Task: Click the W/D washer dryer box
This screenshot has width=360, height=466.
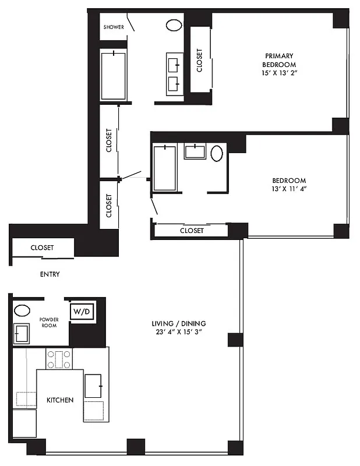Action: tap(82, 312)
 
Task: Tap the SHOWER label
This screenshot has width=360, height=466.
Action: tap(113, 27)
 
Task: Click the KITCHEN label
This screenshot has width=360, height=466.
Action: tap(60, 400)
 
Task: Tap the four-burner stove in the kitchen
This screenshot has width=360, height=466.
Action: tap(59, 359)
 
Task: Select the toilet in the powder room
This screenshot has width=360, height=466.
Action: tap(22, 310)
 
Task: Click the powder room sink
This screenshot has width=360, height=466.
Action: tap(24, 334)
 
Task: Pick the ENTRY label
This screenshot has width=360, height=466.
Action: tap(50, 274)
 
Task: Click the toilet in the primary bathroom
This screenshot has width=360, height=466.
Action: tap(174, 26)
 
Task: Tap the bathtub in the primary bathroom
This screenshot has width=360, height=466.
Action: tap(114, 76)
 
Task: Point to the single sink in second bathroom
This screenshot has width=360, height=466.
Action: tap(194, 151)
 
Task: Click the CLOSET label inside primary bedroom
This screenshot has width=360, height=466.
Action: tap(199, 60)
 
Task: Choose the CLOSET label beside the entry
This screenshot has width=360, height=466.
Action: tap(42, 248)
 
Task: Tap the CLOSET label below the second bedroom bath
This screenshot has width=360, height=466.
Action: tap(192, 231)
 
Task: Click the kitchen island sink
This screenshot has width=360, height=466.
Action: tap(94, 386)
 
